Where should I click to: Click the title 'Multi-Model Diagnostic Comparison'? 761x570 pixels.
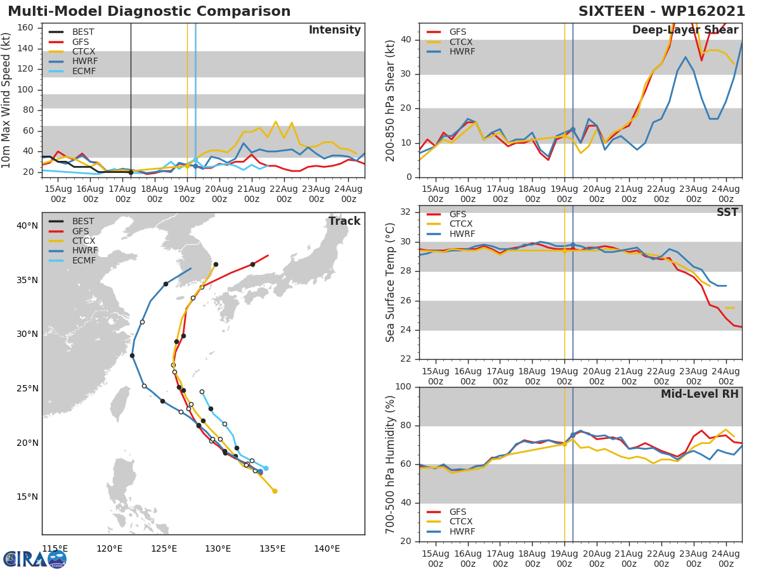point(149,11)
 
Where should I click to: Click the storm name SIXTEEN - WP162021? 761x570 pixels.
point(661,11)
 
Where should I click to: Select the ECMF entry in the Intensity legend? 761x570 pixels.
point(84,71)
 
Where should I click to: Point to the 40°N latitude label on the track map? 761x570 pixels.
point(27,225)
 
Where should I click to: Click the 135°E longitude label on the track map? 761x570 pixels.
point(272,548)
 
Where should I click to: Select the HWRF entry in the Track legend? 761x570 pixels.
point(84,251)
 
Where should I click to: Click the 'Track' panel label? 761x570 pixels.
point(344,222)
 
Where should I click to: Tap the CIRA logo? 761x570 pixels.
point(35,559)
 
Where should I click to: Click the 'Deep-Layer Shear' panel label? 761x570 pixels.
point(685,30)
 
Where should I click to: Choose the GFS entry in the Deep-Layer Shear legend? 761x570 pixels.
point(457,32)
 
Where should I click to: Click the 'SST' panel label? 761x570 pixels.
point(727,213)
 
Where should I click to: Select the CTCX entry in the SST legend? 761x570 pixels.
point(460,224)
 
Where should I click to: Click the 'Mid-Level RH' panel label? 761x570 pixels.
point(699,395)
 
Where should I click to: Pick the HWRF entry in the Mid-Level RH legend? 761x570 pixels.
point(462,531)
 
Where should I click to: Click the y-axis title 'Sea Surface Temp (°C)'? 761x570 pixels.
point(391,282)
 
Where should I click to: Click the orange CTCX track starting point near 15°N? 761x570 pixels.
point(275,491)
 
